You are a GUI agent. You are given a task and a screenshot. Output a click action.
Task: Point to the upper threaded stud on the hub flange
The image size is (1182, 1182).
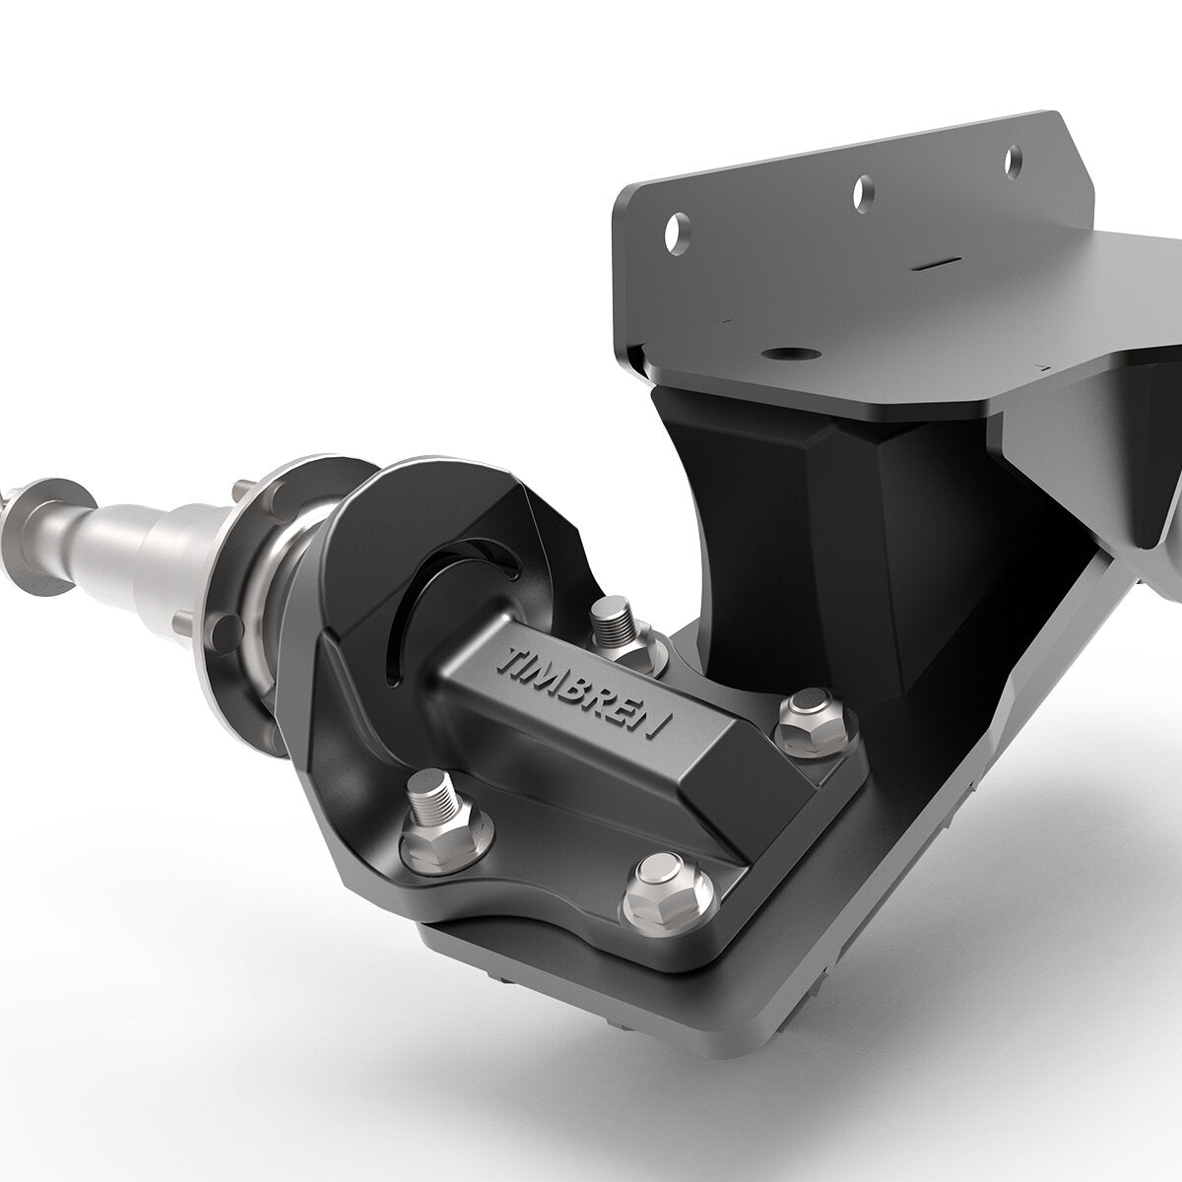[239, 489]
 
